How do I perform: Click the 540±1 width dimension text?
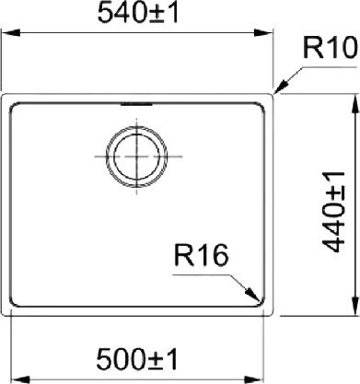(x=138, y=14)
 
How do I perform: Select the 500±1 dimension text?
(x=137, y=359)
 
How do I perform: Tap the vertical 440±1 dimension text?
(x=334, y=212)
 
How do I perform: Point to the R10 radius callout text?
(x=331, y=48)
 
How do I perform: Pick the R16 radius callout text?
(x=202, y=255)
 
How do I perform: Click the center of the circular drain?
(x=136, y=157)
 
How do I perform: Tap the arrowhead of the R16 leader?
(x=254, y=295)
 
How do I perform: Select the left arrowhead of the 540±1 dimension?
(x=11, y=33)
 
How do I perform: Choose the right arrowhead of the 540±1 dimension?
(x=263, y=33)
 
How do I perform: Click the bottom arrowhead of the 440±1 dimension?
(x=355, y=306)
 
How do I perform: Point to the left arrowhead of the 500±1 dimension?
(x=20, y=379)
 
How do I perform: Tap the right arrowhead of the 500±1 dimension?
(x=255, y=379)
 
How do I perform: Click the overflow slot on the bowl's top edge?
(x=136, y=104)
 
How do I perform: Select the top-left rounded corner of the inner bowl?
(x=13, y=106)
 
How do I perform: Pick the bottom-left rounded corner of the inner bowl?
(x=13, y=304)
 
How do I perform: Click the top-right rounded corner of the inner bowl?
(x=261, y=106)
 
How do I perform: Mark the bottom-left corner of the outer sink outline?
(x=3, y=314)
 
